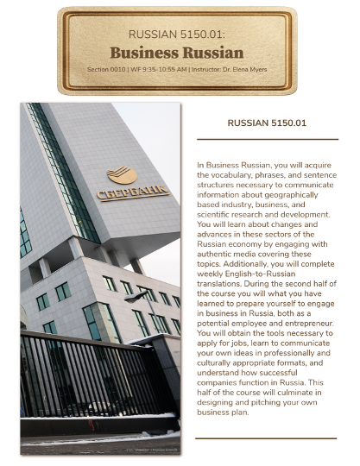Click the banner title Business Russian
click(x=176, y=52)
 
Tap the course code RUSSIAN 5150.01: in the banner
click(x=176, y=35)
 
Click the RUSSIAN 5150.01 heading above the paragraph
click(x=266, y=123)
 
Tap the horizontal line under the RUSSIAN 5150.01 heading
click(x=266, y=139)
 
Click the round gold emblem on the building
click(x=122, y=175)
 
